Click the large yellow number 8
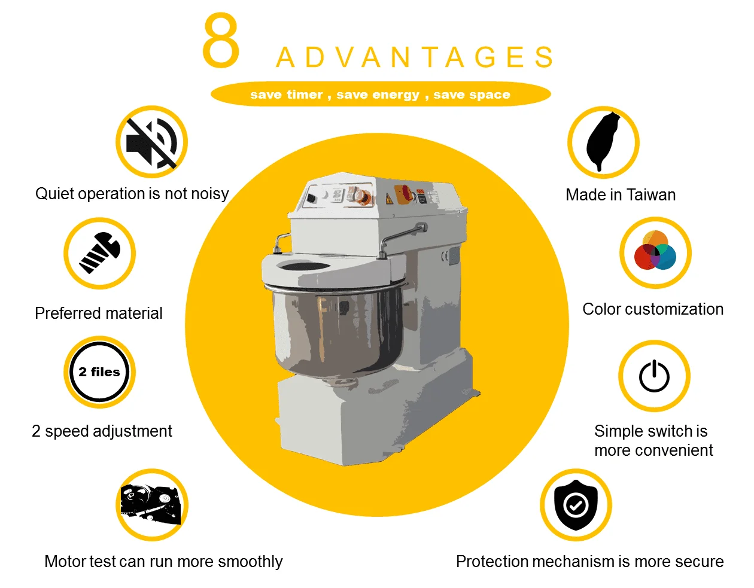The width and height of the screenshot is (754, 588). pyautogui.click(x=221, y=40)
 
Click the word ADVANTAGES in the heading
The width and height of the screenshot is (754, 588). pyautogui.click(x=415, y=57)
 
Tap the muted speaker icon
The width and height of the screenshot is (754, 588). pyautogui.click(x=151, y=143)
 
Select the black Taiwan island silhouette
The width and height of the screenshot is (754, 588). pyautogui.click(x=603, y=141)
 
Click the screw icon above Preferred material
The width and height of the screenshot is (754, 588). pyautogui.click(x=100, y=253)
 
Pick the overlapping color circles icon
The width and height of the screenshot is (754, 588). pyautogui.click(x=655, y=250)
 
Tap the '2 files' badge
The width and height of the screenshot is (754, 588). pyautogui.click(x=99, y=372)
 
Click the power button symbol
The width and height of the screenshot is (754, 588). pyautogui.click(x=654, y=376)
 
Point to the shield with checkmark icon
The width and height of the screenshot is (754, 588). pyautogui.click(x=576, y=505)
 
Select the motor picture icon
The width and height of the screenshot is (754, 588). pyautogui.click(x=151, y=504)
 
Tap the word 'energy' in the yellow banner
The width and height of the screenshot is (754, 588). pyautogui.click(x=378, y=95)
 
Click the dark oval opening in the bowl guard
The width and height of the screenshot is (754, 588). pyautogui.click(x=303, y=266)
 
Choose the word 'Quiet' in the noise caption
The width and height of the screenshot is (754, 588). pyautogui.click(x=54, y=193)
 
